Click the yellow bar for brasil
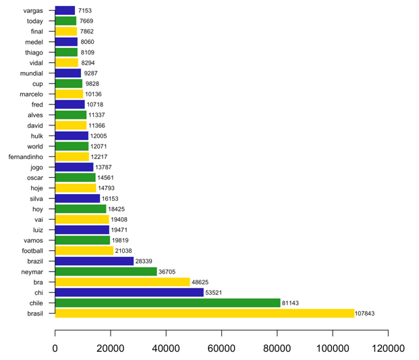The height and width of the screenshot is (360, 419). click(204, 313)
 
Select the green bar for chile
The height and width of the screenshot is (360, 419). click(167, 303)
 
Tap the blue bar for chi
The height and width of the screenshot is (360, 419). click(129, 293)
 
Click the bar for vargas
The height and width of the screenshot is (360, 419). click(65, 11)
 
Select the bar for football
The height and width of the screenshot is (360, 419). click(84, 251)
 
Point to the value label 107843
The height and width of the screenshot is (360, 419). click(370, 313)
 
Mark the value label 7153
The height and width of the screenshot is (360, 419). click(85, 11)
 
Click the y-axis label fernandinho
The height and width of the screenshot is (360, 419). click(26, 156)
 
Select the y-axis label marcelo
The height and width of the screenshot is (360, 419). click(32, 94)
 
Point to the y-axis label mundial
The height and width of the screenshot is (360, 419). click(32, 73)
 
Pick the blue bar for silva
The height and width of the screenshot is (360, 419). click(77, 199)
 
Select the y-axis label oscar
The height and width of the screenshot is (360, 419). click(35, 177)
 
